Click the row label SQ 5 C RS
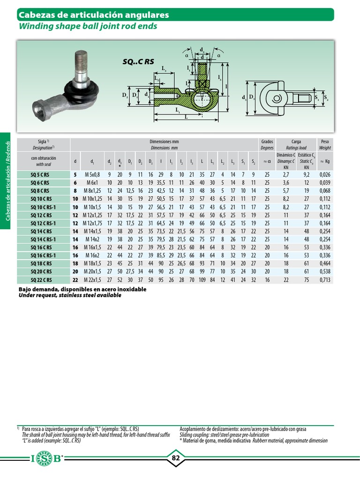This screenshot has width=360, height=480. [x=40, y=175]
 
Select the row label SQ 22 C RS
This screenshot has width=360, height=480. [x=41, y=280]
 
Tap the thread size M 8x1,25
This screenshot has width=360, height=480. [x=92, y=191]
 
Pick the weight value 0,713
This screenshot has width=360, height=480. [x=325, y=280]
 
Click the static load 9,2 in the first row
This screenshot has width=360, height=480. [x=307, y=175]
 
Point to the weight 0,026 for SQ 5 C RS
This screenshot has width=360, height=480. [x=325, y=175]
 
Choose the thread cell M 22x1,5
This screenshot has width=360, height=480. [x=92, y=280]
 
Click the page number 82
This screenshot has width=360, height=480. [x=175, y=458]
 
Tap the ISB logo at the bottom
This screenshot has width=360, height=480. [x=47, y=458]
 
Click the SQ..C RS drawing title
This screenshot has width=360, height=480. [x=138, y=61]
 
